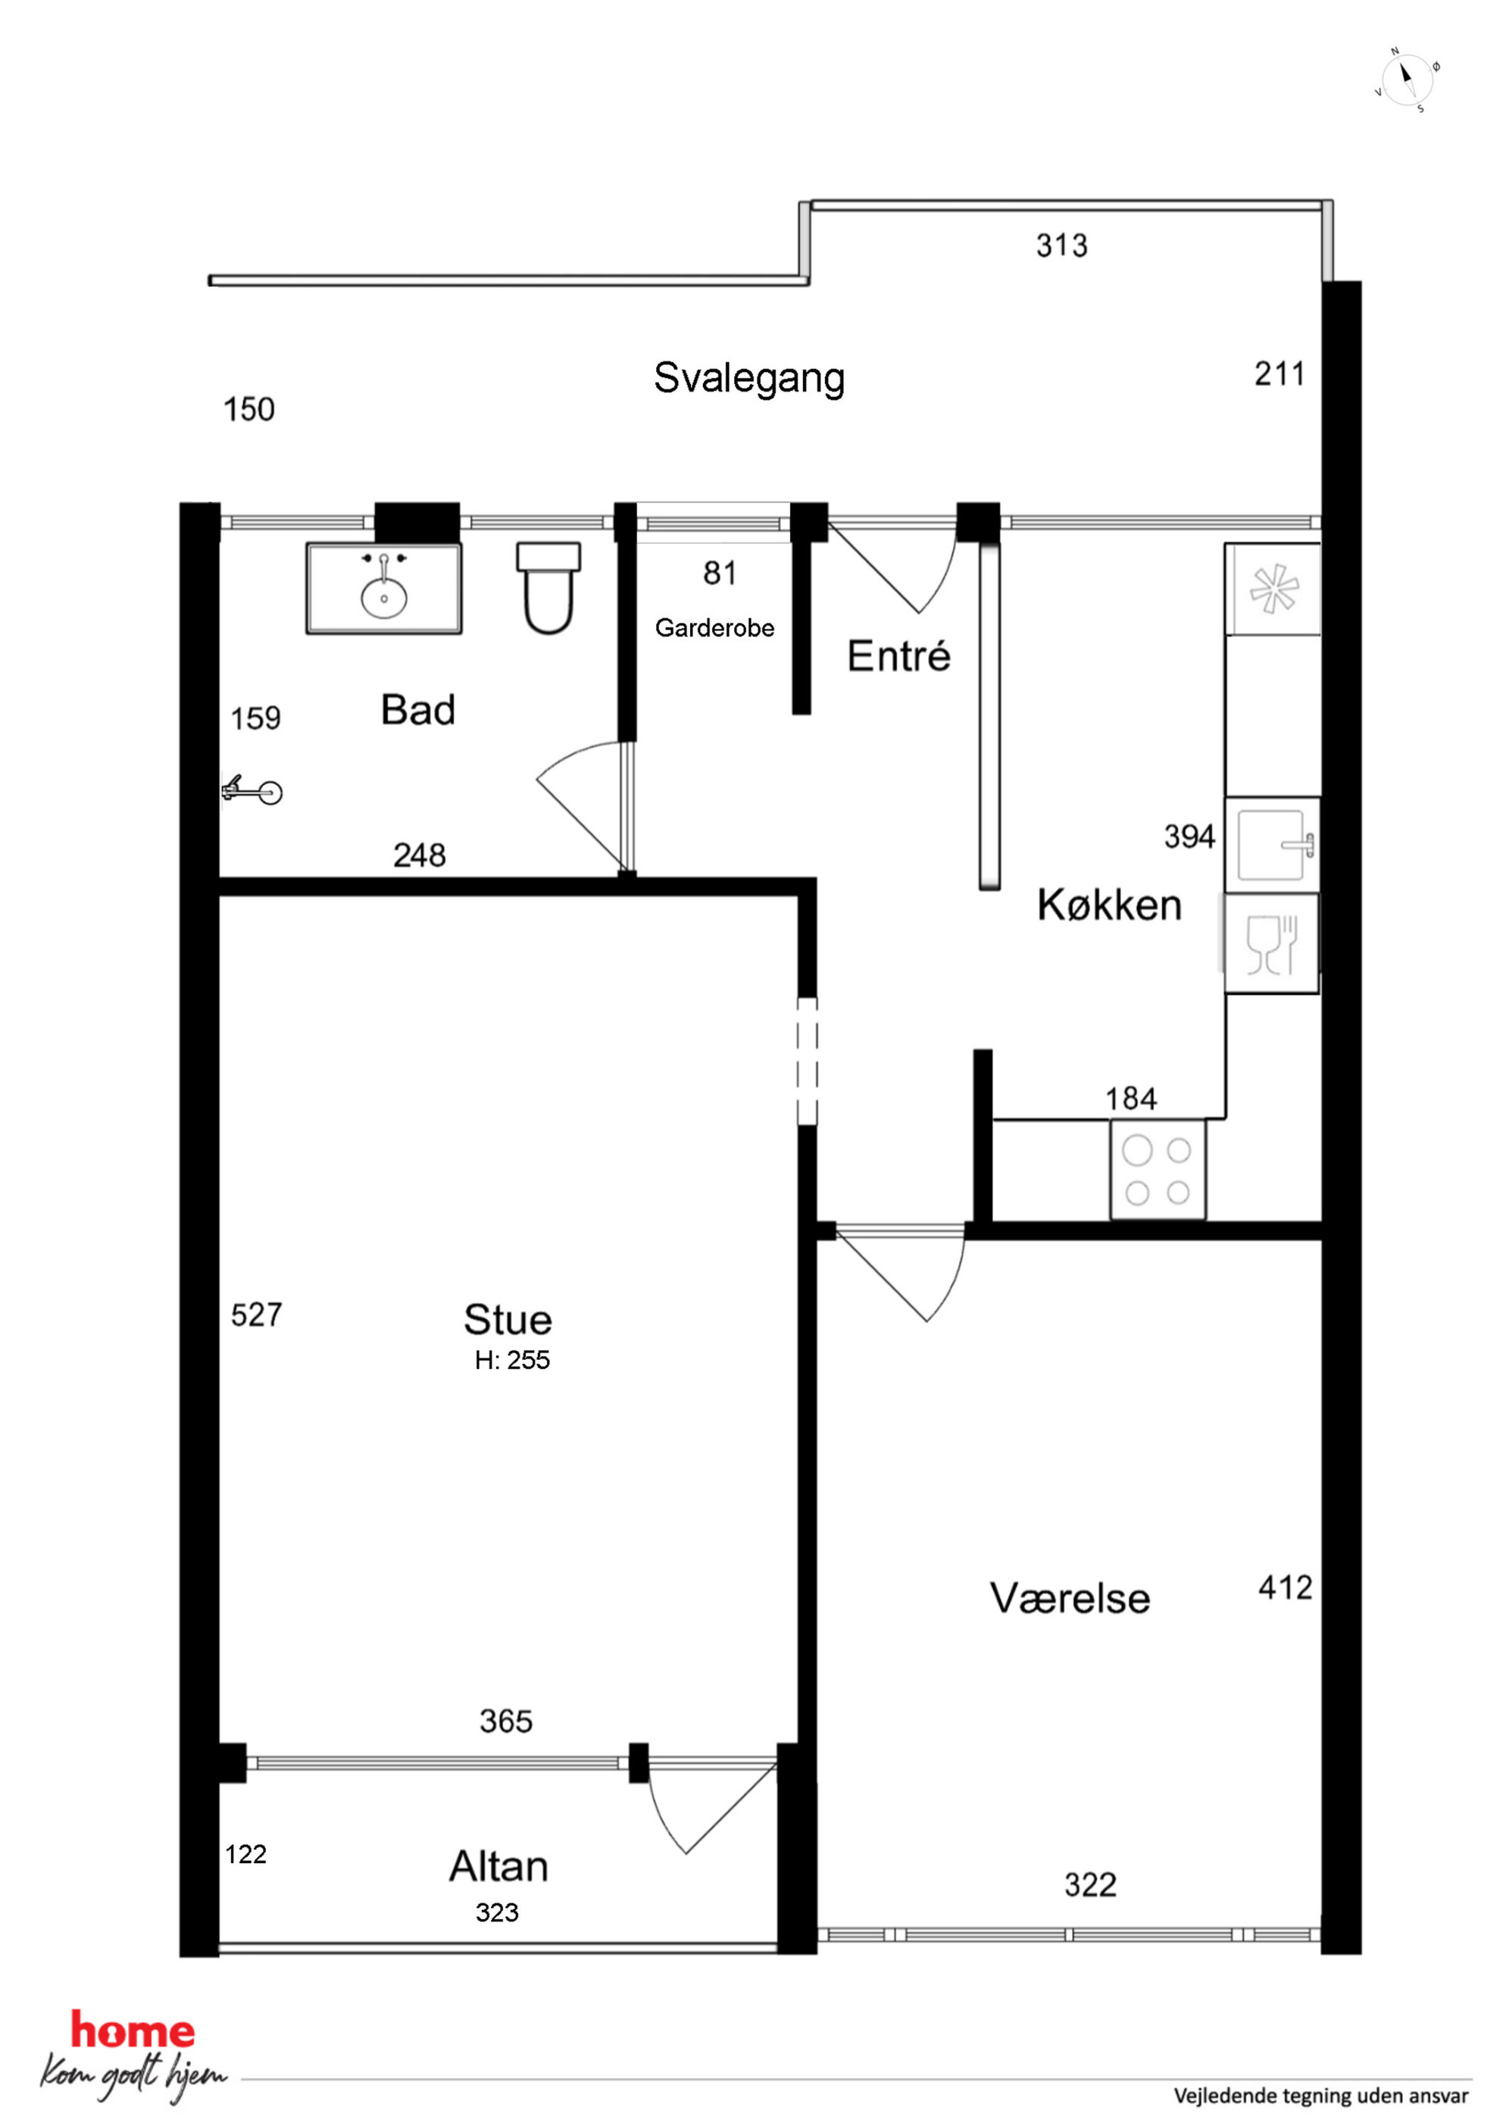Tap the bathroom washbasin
coord(383,588)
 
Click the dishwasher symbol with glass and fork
coord(1271,943)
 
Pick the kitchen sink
coord(1271,845)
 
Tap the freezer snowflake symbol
coord(1273,589)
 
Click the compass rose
coord(1407,80)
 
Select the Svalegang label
coord(749,378)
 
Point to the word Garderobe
coord(714,628)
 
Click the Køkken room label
coord(1109,905)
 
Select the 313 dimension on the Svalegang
coord(1061,245)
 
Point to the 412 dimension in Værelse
coord(1286,1588)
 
